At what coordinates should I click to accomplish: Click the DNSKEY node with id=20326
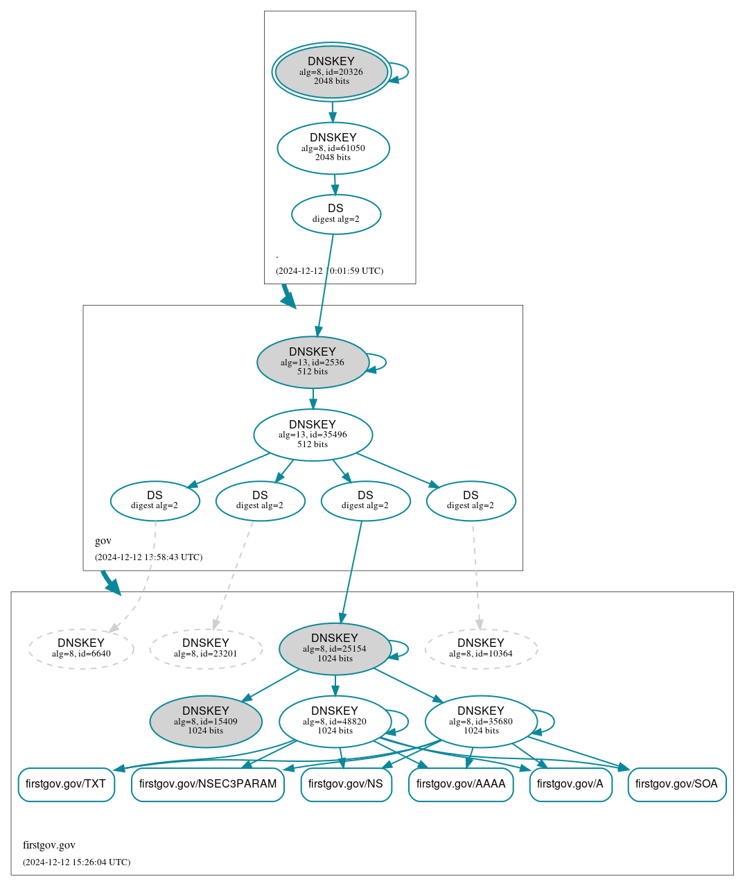point(331,72)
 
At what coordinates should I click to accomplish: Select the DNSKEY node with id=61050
point(333,148)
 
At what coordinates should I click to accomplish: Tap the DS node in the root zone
point(336,214)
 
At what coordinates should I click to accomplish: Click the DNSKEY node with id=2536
point(313,362)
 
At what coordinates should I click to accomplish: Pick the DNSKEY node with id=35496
point(313,435)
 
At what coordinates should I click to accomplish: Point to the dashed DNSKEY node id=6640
point(81,649)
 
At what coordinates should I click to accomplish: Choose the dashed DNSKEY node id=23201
point(206,649)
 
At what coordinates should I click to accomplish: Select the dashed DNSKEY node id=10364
point(481,649)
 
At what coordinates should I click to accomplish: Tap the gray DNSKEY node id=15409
point(206,722)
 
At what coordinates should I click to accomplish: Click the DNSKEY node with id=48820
point(335,722)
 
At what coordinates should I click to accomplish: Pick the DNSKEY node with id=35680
point(481,722)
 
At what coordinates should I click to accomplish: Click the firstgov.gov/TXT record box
point(66,784)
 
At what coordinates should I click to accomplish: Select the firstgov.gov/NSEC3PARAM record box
point(208,784)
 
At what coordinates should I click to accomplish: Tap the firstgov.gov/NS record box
point(346,784)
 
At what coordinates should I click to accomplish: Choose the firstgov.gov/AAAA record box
point(461,784)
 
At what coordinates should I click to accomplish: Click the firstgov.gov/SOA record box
point(676,784)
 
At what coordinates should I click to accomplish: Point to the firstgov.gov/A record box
point(570,784)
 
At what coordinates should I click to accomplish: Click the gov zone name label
point(103,541)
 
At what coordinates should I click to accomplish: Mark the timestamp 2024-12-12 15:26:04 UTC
point(76,862)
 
